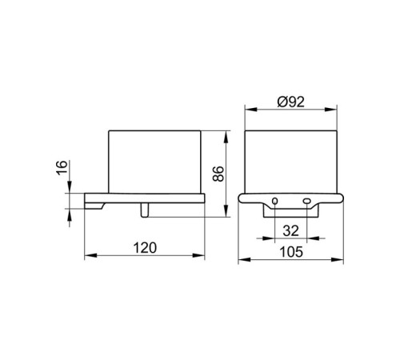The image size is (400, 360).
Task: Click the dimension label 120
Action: (x=145, y=248)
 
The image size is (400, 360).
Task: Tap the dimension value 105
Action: (x=291, y=252)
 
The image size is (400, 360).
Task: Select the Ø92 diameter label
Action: (x=290, y=102)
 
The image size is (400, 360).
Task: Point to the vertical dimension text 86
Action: (x=218, y=174)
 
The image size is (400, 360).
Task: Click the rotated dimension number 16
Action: (x=62, y=167)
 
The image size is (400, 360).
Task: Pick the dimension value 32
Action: (x=290, y=230)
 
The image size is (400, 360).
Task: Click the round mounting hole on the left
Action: (x=274, y=201)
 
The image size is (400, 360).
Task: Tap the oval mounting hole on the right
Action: (x=306, y=201)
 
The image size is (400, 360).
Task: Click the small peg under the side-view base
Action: (x=144, y=210)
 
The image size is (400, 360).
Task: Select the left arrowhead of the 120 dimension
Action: (x=90, y=255)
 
